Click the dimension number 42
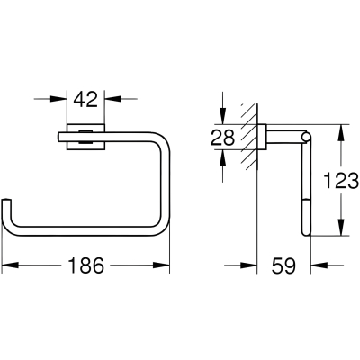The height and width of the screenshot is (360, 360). tap(85, 100)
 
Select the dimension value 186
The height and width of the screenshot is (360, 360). tap(86, 265)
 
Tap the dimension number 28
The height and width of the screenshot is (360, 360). tap(222, 138)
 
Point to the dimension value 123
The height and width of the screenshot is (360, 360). tap(341, 181)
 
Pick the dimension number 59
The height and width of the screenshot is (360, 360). tap(283, 265)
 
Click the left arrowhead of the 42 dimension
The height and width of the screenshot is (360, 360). tap(58, 98)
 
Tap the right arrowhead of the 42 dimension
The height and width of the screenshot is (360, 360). tap(112, 98)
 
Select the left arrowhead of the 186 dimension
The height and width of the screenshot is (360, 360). tap(10, 265)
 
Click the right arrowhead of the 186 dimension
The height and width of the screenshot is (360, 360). tap(161, 265)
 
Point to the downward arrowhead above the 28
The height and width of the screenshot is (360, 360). tap(222, 116)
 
